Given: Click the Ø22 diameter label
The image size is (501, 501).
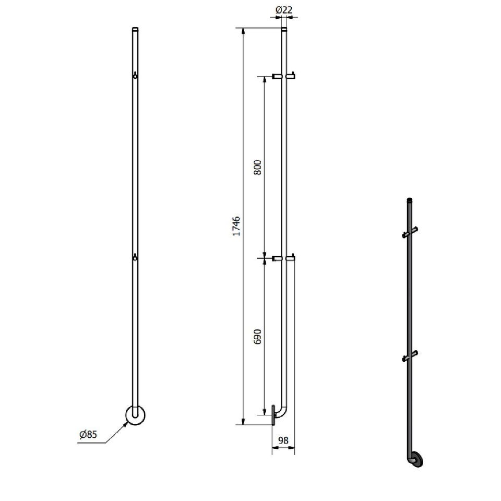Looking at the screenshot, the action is coord(284,10).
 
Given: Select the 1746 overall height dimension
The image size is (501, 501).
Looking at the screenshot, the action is coord(237,226).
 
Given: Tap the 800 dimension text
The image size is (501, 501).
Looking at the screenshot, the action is coord(257,168).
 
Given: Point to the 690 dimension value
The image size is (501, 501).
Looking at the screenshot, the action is coord(257,337).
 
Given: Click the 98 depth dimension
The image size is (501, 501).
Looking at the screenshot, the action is coord(283,440).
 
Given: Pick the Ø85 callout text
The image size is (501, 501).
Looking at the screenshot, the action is coord(88,435).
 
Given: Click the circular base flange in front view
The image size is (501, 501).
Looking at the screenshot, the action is coord(135,415).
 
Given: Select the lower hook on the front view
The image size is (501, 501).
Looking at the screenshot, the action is coord(135,257).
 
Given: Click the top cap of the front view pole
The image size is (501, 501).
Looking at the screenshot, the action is coord(135,29).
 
